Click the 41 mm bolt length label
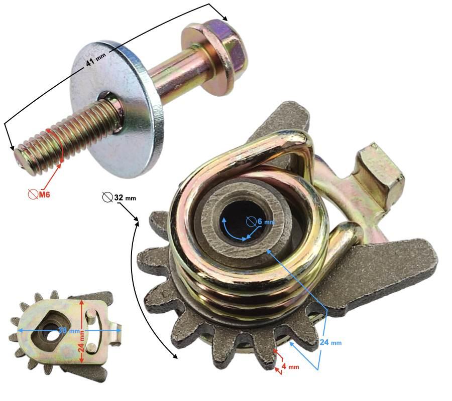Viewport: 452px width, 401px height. (x=96, y=59)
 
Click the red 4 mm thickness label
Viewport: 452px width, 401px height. (x=290, y=367)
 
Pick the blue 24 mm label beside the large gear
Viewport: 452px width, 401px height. (x=330, y=342)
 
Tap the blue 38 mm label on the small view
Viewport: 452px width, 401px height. (x=69, y=330)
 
